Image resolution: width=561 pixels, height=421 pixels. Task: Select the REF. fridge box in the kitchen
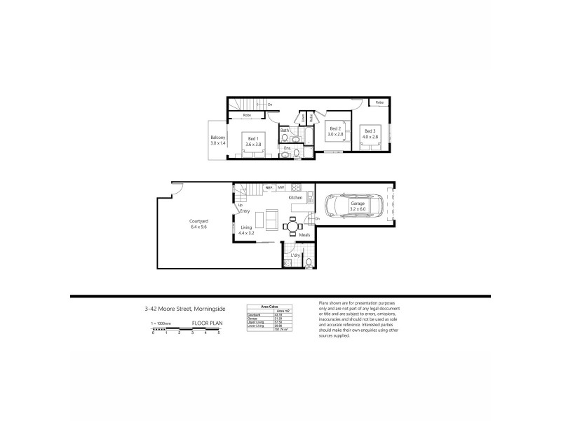click(x=269, y=187)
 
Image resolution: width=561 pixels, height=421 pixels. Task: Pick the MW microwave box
click(x=280, y=187)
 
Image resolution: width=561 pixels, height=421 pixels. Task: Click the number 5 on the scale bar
click(x=219, y=333)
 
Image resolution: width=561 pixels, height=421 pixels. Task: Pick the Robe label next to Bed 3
click(x=379, y=103)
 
